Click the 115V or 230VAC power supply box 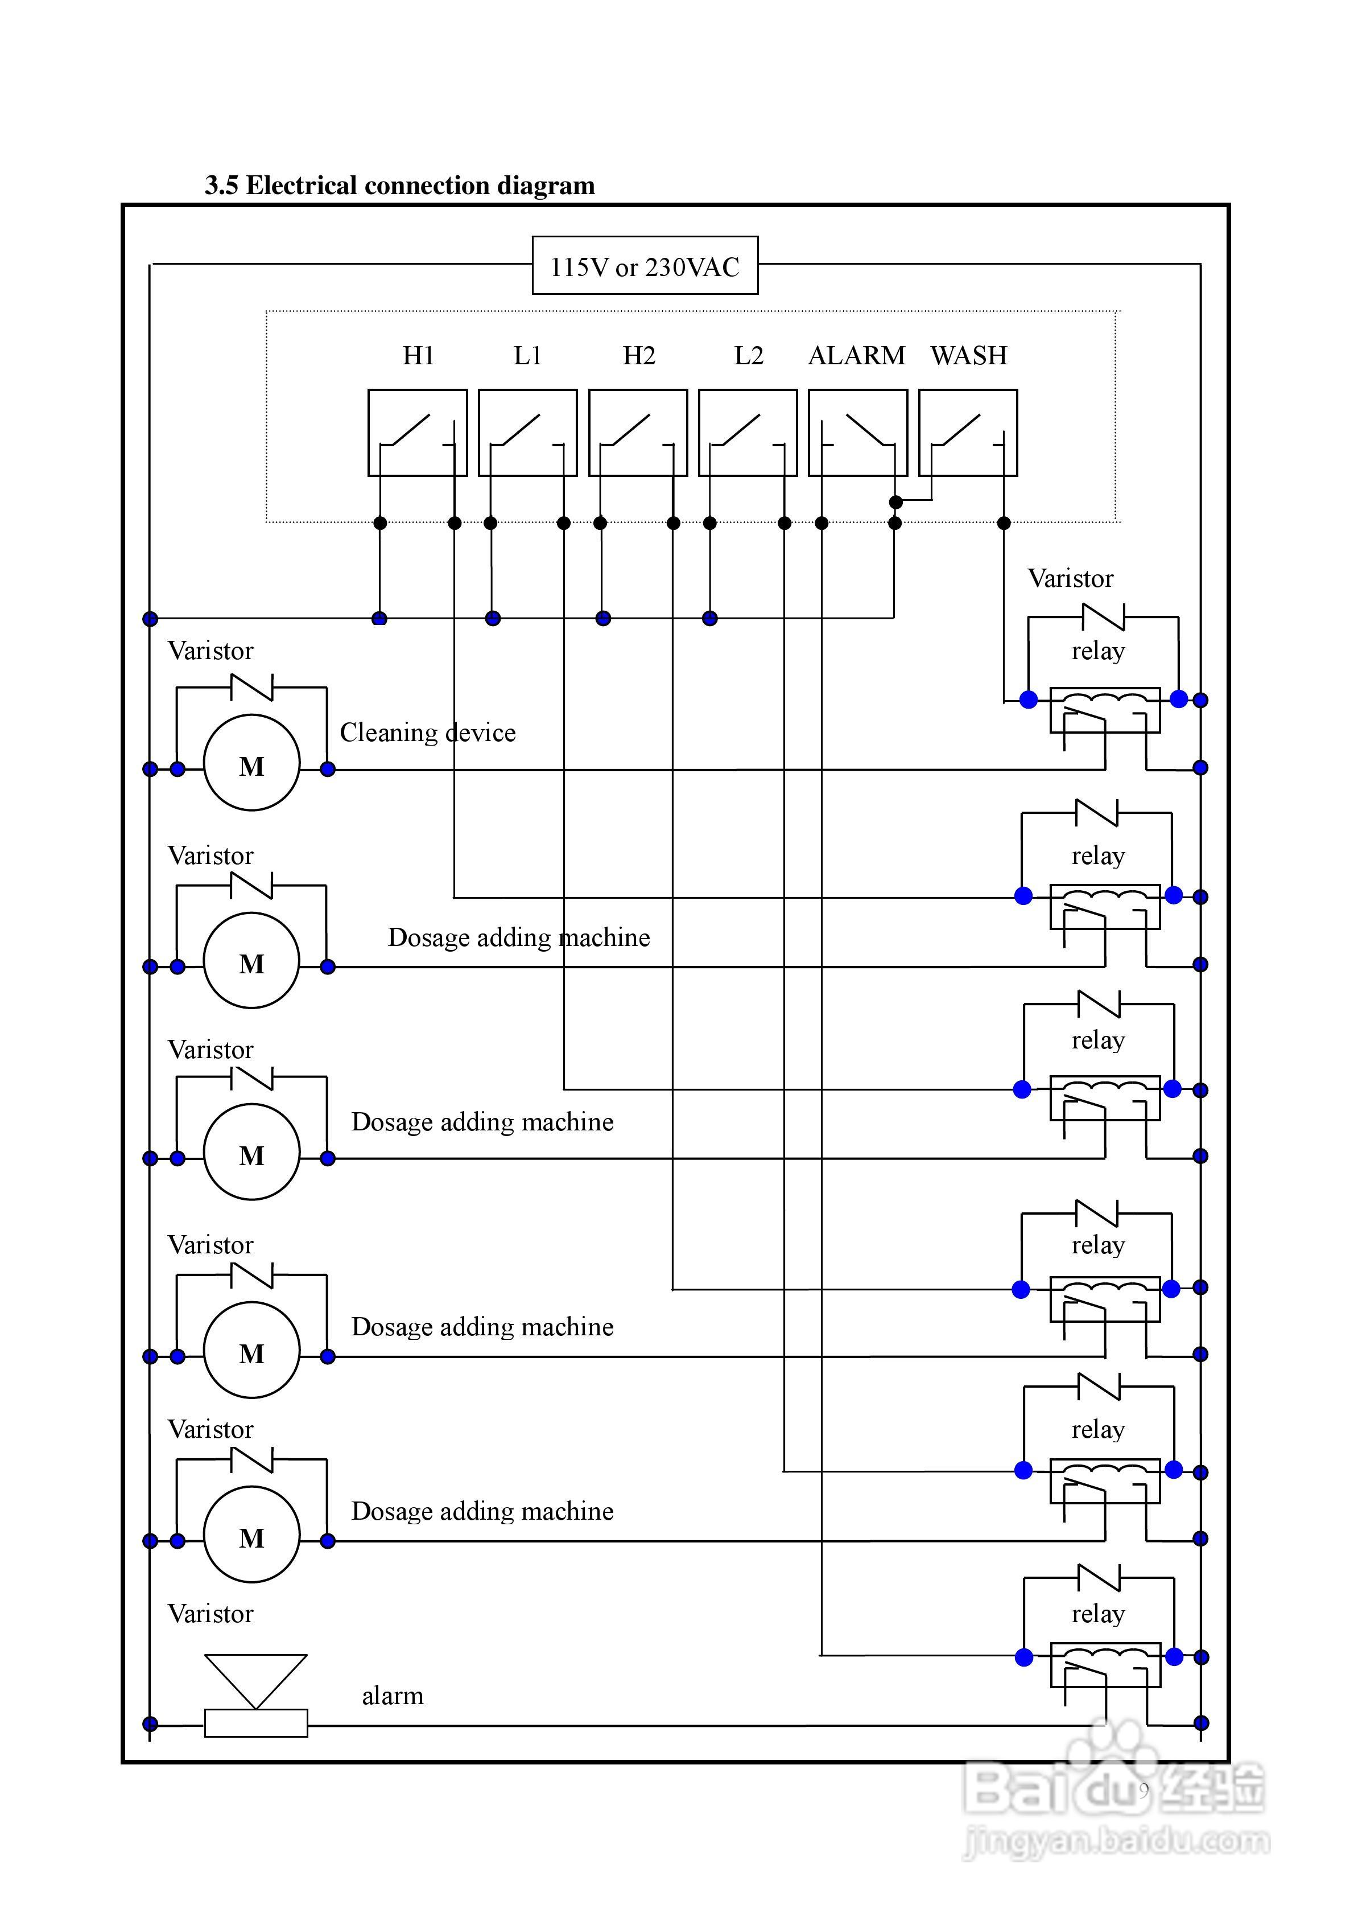645,265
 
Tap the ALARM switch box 857,433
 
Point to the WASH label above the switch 968,356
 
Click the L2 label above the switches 748,356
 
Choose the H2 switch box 638,433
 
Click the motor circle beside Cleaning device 251,762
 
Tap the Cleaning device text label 427,732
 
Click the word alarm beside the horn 393,1696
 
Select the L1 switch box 527,433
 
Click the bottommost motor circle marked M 251,1534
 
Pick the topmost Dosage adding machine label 518,937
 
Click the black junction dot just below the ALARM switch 895,502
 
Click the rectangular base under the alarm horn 255,1723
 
